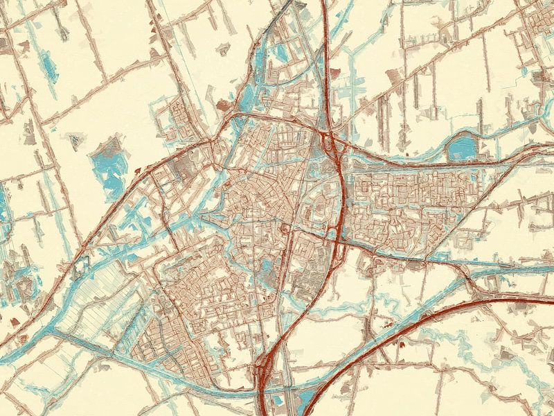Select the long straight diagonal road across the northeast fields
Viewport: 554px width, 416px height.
coord(415,76)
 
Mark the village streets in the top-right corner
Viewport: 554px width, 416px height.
coord(537,21)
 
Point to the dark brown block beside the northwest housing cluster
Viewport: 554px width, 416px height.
coord(223,105)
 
